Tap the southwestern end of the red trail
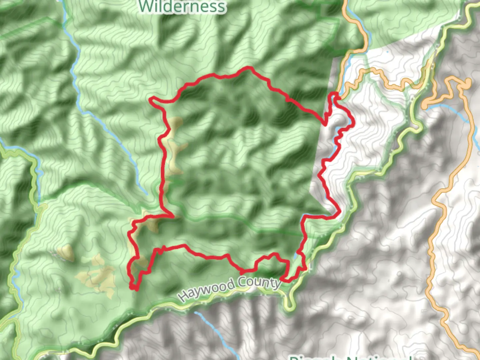(135, 289)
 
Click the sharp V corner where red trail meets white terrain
(325, 125)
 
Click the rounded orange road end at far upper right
(468, 82)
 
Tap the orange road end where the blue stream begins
(425, 106)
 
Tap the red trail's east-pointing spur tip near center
(173, 216)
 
